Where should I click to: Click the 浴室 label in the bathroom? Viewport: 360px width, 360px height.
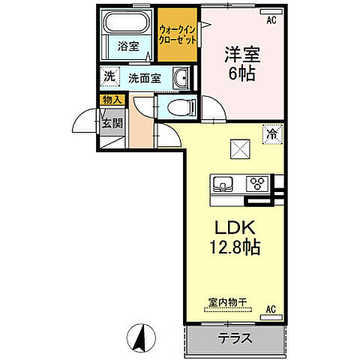[128, 46]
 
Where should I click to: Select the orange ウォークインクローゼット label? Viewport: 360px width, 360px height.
[177, 34]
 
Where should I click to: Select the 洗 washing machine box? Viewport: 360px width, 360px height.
[110, 76]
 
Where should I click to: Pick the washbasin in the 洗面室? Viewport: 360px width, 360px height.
[180, 77]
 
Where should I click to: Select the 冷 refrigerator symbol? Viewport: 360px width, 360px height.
[271, 134]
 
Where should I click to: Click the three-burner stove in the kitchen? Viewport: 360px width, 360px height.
[257, 182]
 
